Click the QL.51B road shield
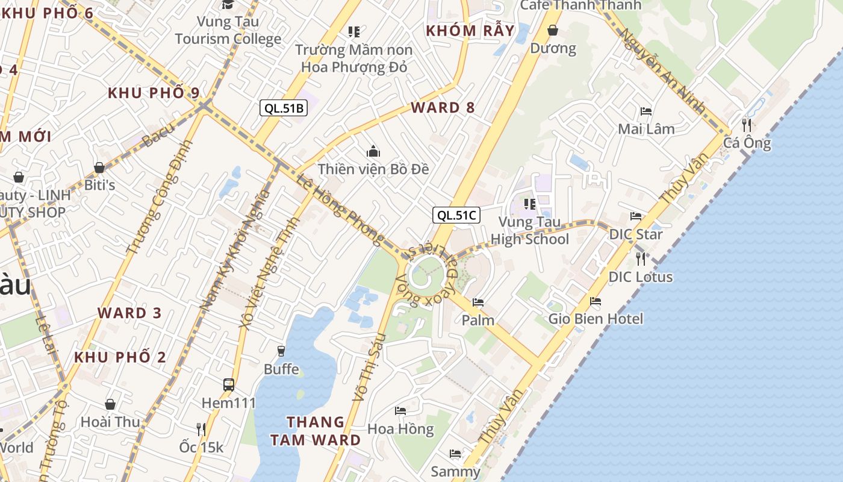284,108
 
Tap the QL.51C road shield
456,215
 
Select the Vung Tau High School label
529,231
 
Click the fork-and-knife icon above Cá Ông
747,125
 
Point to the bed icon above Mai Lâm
646,111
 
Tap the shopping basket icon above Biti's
99,167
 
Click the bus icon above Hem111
229,384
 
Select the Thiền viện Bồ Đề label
373,169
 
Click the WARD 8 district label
443,108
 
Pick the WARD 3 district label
130,313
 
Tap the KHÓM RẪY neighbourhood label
470,31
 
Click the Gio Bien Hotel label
596,319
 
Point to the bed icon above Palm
478,302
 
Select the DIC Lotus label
641,277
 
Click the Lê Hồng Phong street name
340,209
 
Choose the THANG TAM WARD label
316,431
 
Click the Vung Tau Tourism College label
228,31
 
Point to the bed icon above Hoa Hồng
400,411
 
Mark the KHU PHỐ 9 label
154,93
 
